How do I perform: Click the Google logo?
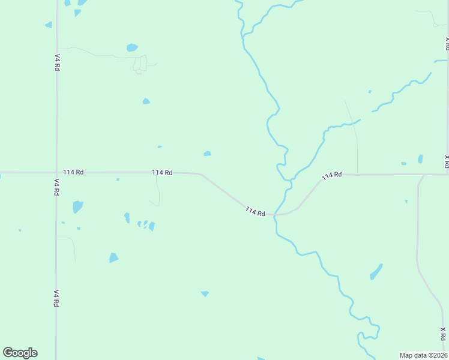[20, 353]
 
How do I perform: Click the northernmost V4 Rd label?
[57, 63]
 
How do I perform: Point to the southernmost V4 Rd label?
[56, 298]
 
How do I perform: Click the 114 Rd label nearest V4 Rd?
[73, 172]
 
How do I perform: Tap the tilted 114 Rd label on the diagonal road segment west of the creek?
[255, 212]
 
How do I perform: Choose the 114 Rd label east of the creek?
[331, 175]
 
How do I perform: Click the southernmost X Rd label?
[442, 334]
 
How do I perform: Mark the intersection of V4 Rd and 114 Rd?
[56, 172]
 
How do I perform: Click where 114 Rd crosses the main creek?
[276, 214]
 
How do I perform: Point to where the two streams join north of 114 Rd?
[291, 179]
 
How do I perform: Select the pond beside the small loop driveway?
[132, 47]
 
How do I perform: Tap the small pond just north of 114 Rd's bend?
[207, 154]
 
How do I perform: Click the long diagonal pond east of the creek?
[376, 272]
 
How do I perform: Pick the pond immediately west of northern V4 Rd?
[49, 25]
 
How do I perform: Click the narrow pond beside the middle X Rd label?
[420, 159]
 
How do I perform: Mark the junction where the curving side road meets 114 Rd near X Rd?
[423, 175]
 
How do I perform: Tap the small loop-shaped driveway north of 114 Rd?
[140, 64]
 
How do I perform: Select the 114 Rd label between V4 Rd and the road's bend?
[162, 173]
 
